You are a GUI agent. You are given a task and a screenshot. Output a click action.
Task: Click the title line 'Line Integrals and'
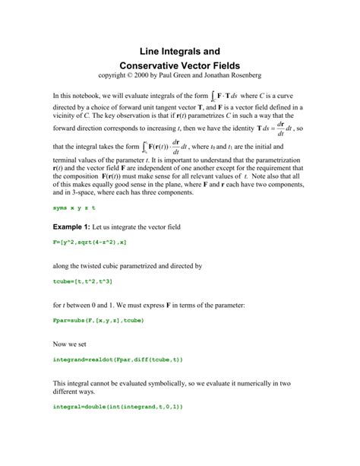[x=180, y=51]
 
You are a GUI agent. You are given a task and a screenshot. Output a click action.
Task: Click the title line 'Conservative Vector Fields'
[x=180, y=67]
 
